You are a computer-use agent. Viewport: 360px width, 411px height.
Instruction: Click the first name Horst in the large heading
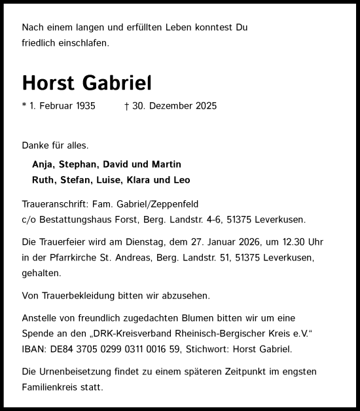(50, 83)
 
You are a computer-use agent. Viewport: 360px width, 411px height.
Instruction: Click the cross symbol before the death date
(126, 106)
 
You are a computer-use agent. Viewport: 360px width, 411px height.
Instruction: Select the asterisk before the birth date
(24, 105)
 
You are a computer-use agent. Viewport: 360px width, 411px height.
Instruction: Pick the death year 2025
(204, 106)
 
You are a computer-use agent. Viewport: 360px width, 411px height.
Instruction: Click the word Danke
(35, 145)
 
